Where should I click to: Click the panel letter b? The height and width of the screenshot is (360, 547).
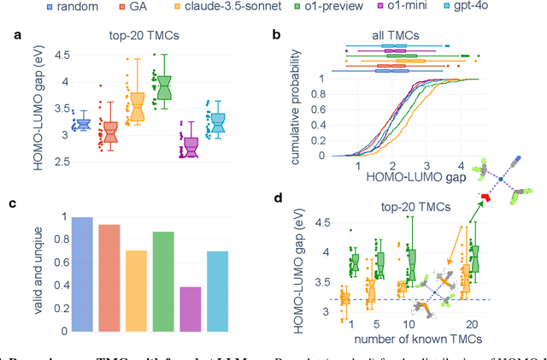(275, 35)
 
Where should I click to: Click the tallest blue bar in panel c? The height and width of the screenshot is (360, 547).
(82, 274)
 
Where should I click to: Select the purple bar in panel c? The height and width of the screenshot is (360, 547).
(191, 309)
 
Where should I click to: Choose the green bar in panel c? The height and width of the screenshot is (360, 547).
(163, 281)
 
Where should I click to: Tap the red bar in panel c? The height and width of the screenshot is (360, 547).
(109, 277)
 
